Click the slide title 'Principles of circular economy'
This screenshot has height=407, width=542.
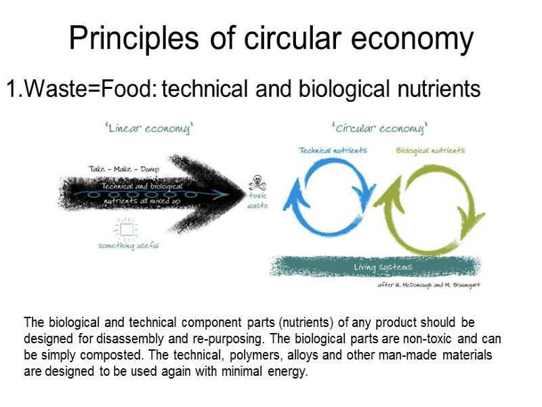click(271, 39)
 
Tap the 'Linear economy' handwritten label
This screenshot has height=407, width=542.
click(149, 129)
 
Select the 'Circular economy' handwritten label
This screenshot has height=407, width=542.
click(380, 128)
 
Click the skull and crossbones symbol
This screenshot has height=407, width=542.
click(257, 182)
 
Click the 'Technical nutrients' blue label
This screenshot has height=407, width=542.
click(333, 150)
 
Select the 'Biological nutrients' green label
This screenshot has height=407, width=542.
click(430, 150)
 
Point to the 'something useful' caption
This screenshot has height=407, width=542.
click(128, 246)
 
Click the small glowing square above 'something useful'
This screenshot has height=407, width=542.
click(126, 229)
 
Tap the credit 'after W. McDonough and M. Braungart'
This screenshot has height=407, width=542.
click(428, 285)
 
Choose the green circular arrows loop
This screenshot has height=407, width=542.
click(429, 200)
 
